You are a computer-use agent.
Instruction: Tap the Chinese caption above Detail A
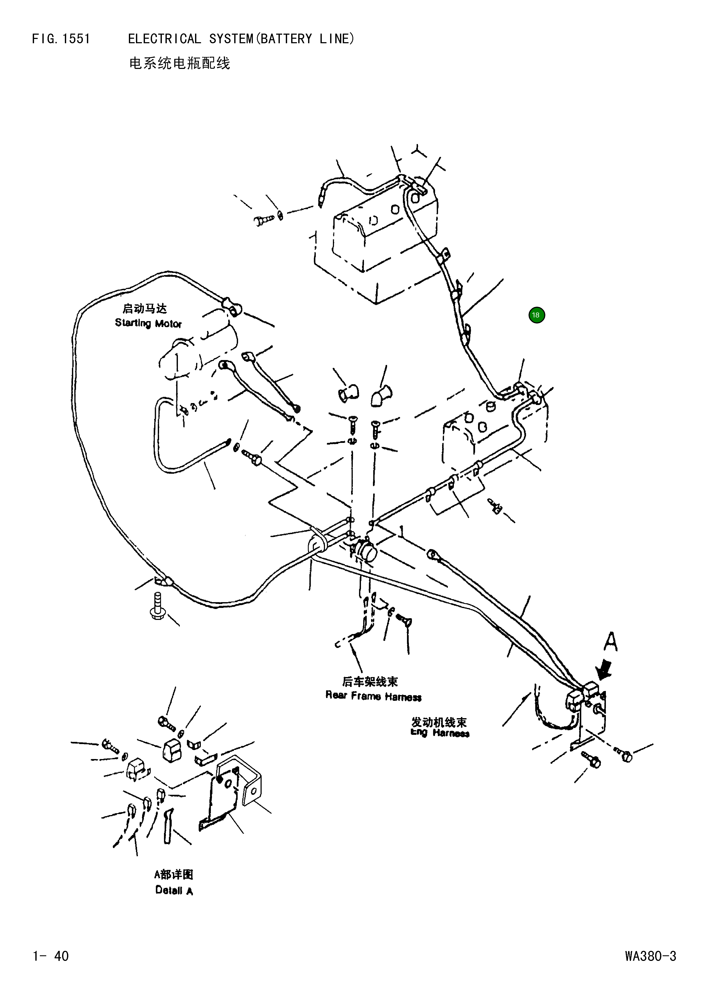pyautogui.click(x=173, y=874)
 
